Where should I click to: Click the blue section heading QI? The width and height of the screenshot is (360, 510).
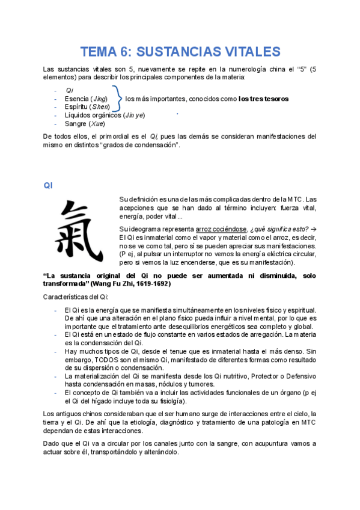point(49,185)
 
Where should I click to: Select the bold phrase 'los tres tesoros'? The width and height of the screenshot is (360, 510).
point(263,99)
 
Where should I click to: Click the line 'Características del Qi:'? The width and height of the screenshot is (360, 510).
point(76,297)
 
